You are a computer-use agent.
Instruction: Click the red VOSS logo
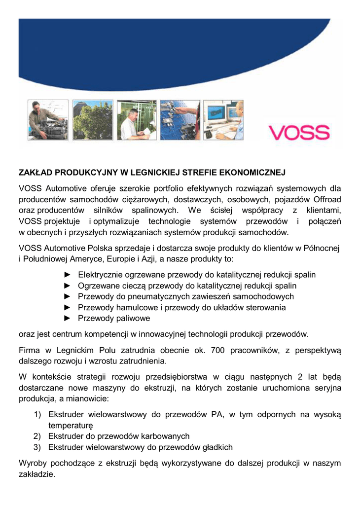[x=299, y=132]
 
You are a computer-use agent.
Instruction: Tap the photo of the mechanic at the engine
[x=48, y=120]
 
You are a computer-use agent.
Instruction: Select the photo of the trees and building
[x=92, y=120]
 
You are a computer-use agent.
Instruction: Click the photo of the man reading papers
[x=137, y=120]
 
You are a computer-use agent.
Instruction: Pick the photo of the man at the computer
[x=223, y=120]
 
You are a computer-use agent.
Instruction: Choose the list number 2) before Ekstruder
[x=37, y=436]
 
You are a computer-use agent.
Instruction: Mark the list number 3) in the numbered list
[x=37, y=447]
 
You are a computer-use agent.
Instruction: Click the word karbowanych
[x=164, y=436]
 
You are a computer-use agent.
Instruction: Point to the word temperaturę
[x=71, y=425]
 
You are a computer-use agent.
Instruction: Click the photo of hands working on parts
[x=180, y=120]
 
